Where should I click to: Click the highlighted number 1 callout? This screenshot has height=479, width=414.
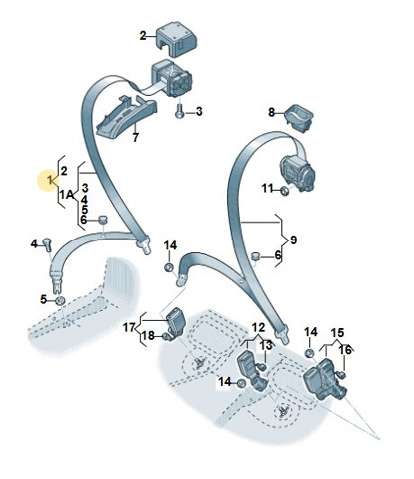(50, 181)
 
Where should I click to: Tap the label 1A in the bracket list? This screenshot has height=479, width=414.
(67, 194)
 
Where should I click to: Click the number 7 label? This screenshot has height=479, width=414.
(135, 137)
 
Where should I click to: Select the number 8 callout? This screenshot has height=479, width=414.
(272, 113)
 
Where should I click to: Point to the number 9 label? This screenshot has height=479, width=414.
(293, 239)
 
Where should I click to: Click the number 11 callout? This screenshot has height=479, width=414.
(268, 189)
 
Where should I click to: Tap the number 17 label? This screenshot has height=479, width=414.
(129, 328)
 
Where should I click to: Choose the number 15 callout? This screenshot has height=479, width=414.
(337, 333)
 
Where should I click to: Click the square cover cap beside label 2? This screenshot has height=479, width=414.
(176, 38)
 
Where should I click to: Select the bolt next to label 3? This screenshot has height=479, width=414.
(179, 111)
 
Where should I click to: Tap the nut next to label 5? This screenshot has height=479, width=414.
(60, 300)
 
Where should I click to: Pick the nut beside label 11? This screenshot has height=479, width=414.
(284, 191)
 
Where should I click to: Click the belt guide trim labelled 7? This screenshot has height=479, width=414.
(127, 116)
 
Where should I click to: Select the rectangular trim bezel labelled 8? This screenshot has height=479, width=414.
(299, 117)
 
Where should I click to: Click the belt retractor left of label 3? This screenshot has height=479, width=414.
(172, 78)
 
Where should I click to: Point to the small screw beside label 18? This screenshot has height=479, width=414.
(166, 337)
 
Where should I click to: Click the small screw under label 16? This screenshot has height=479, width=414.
(342, 375)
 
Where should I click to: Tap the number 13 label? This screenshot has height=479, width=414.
(266, 346)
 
